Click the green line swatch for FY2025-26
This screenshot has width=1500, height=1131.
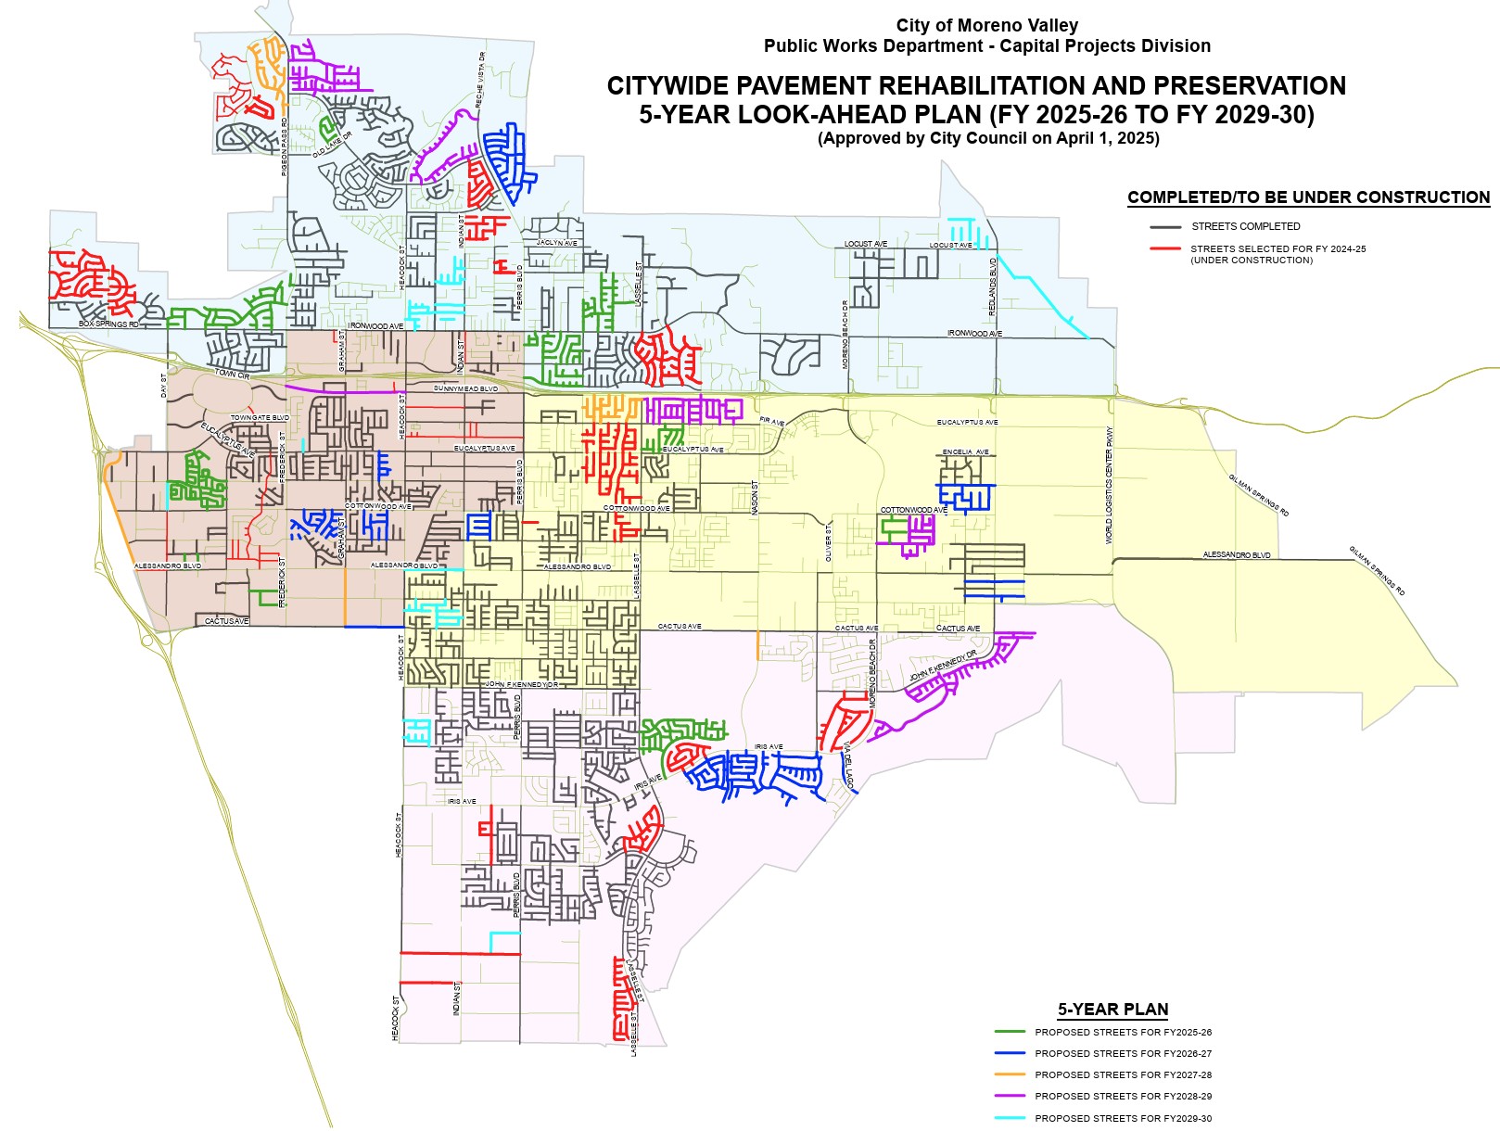(1010, 1032)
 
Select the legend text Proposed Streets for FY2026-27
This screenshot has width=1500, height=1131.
(1123, 1054)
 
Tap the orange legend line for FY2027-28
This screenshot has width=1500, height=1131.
(1010, 1075)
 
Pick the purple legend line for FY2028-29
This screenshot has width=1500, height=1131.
(1010, 1097)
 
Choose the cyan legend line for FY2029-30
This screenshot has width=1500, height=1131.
(1010, 1118)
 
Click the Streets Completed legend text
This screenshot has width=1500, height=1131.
(1245, 226)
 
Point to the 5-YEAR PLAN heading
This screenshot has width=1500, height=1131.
(1112, 1010)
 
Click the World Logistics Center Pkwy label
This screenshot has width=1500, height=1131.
(1109, 485)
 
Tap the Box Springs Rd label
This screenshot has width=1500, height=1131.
(108, 324)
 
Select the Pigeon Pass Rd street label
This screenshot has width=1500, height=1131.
(285, 147)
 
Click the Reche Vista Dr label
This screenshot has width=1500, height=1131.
(480, 82)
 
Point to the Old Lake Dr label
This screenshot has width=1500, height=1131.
(332, 145)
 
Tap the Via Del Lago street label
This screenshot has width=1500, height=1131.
(848, 766)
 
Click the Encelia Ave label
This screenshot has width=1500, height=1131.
(965, 452)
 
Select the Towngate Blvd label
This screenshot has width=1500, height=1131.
(260, 418)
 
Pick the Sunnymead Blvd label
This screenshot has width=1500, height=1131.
(465, 388)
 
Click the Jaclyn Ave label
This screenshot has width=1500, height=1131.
(556, 243)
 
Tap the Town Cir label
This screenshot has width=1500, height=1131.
(232, 375)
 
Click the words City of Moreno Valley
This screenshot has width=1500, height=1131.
(986, 26)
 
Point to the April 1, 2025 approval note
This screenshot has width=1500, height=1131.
(988, 139)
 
